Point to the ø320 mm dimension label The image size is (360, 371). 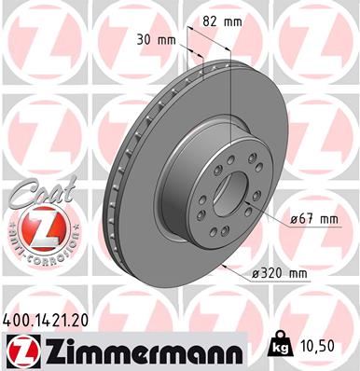coord(283,272)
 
